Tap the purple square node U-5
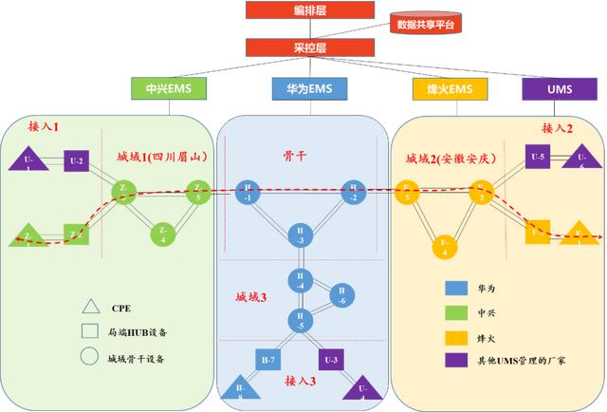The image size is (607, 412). click(538, 156)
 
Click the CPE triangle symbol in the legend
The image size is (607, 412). click(90, 307)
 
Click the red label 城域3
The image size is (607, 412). click(251, 297)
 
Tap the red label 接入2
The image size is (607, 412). click(558, 127)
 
